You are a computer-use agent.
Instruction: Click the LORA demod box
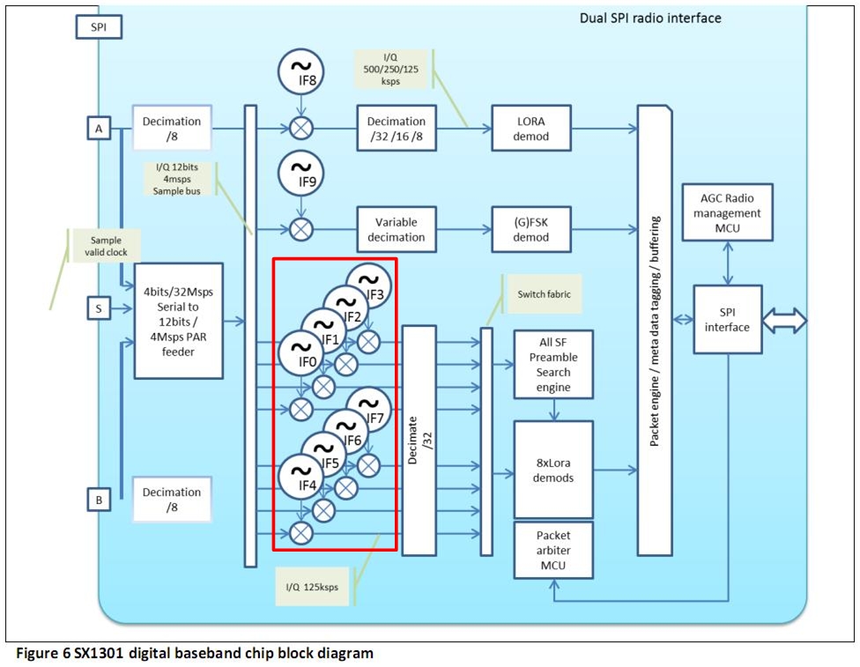click(x=532, y=129)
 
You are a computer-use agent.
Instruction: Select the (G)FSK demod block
click(x=532, y=230)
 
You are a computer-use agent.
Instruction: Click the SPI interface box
click(x=728, y=321)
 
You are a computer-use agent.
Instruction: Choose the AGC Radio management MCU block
click(x=728, y=212)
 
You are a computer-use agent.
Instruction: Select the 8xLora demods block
click(x=553, y=470)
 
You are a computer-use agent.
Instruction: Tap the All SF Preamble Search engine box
click(x=553, y=365)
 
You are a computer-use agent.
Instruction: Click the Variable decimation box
click(x=397, y=230)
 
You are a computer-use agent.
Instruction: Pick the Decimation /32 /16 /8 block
click(x=397, y=129)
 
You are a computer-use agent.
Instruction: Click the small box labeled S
click(x=99, y=308)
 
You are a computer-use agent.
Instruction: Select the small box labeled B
click(x=99, y=500)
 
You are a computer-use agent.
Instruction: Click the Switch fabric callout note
click(x=542, y=293)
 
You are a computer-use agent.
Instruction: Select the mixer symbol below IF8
click(x=301, y=129)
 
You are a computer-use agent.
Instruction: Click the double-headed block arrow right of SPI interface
click(x=784, y=321)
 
